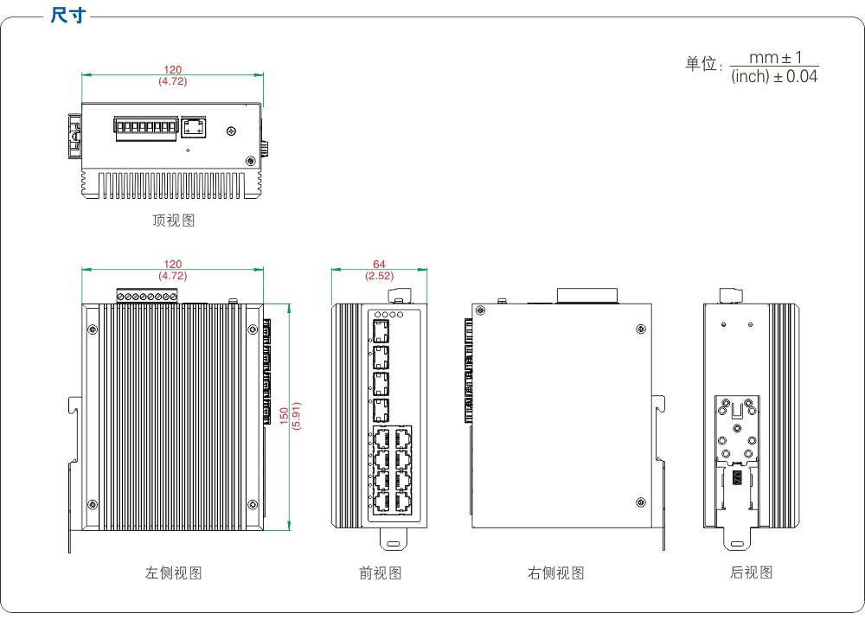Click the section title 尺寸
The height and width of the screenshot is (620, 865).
pyautogui.click(x=68, y=16)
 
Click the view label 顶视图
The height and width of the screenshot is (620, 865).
pyautogui.click(x=174, y=221)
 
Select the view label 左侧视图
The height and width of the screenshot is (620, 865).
pyautogui.click(x=174, y=572)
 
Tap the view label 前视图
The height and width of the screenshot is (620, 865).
pyautogui.click(x=381, y=572)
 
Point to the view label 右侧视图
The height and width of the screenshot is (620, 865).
pyautogui.click(x=556, y=572)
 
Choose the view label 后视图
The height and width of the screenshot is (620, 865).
pyautogui.click(x=751, y=572)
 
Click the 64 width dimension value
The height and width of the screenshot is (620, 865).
pyautogui.click(x=379, y=265)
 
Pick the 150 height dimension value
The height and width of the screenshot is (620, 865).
pyautogui.click(x=283, y=416)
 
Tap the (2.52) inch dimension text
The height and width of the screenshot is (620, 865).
pyautogui.click(x=379, y=276)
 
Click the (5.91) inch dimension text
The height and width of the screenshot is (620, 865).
pyautogui.click(x=295, y=416)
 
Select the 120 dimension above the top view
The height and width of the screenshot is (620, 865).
pyautogui.click(x=173, y=70)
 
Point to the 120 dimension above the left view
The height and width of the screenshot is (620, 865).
pyautogui.click(x=173, y=265)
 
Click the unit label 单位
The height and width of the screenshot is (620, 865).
pyautogui.click(x=702, y=65)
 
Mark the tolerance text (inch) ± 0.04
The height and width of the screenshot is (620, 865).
pyautogui.click(x=773, y=77)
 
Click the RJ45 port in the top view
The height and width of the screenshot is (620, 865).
pyautogui.click(x=193, y=128)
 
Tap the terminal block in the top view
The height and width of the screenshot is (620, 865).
pyautogui.click(x=145, y=129)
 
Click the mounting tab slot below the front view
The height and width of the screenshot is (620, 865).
pyautogui.click(x=394, y=543)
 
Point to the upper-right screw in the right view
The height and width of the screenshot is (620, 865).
pyautogui.click(x=639, y=329)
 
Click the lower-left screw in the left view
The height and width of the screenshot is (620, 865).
pyautogui.click(x=92, y=504)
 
